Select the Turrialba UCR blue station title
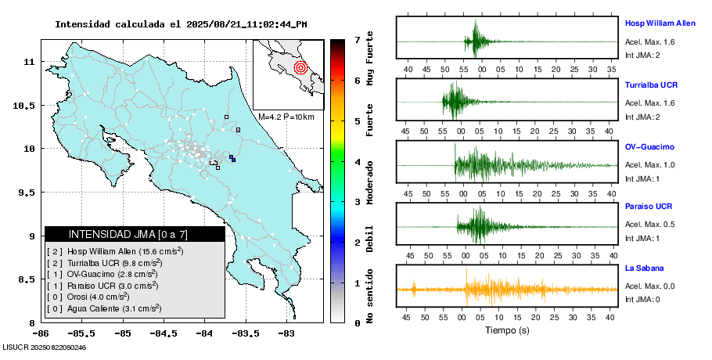tap(651, 85)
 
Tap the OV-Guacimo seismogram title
tap(649, 147)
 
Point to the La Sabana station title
tap(644, 268)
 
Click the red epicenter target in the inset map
tap(300, 67)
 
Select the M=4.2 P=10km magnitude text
tap(286, 117)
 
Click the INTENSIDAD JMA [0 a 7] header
tap(135, 234)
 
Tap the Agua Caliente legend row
tap(103, 309)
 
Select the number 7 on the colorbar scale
tap(357, 39)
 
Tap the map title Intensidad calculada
tap(181, 24)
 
